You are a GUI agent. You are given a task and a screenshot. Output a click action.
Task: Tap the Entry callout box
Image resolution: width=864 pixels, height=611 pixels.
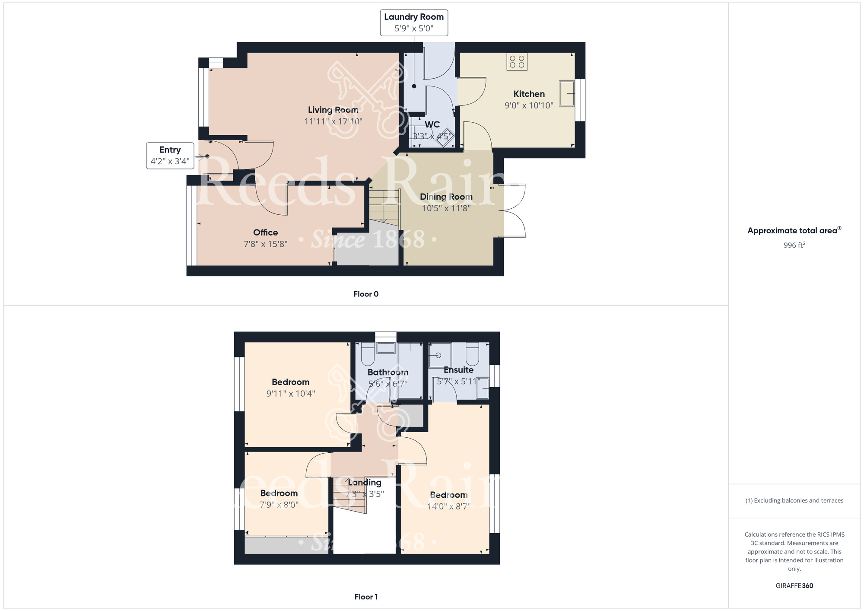click(170, 156)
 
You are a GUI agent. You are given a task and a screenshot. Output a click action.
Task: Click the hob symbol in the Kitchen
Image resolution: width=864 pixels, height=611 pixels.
click(517, 62)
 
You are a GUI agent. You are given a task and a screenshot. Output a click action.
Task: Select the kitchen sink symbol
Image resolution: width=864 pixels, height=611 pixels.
click(567, 93)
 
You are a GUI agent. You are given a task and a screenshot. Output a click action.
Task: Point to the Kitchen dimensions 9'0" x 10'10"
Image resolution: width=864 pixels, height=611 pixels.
click(529, 105)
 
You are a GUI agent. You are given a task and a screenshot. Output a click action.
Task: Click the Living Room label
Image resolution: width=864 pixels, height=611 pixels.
click(333, 110)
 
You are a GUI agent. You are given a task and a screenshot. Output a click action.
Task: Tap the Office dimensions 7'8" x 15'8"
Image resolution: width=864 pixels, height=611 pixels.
click(265, 244)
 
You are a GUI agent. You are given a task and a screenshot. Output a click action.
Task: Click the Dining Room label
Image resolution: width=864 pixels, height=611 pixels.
click(446, 197)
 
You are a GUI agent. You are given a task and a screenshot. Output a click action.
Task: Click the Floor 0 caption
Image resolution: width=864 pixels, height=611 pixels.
click(366, 294)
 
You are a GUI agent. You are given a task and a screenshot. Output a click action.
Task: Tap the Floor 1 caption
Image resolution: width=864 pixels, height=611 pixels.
click(366, 597)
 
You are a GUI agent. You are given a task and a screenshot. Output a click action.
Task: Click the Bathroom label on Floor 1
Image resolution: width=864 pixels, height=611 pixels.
click(388, 372)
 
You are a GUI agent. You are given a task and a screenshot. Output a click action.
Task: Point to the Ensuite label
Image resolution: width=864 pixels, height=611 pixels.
click(458, 370)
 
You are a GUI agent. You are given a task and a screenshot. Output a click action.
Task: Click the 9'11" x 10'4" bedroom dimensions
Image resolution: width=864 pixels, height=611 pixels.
click(291, 394)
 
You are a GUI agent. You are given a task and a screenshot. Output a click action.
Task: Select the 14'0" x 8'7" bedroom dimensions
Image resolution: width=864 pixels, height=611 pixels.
click(448, 506)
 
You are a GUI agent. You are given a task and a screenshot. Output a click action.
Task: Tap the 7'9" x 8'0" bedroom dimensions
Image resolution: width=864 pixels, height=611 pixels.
click(279, 505)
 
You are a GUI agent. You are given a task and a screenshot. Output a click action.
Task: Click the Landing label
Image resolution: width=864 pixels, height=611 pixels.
click(365, 483)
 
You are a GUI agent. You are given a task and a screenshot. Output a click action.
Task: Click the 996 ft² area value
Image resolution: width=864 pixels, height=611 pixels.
click(794, 245)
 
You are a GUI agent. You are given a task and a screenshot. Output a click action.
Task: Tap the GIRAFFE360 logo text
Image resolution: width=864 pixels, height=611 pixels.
click(794, 586)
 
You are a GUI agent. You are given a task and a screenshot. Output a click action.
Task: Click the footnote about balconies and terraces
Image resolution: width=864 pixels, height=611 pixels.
click(794, 501)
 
